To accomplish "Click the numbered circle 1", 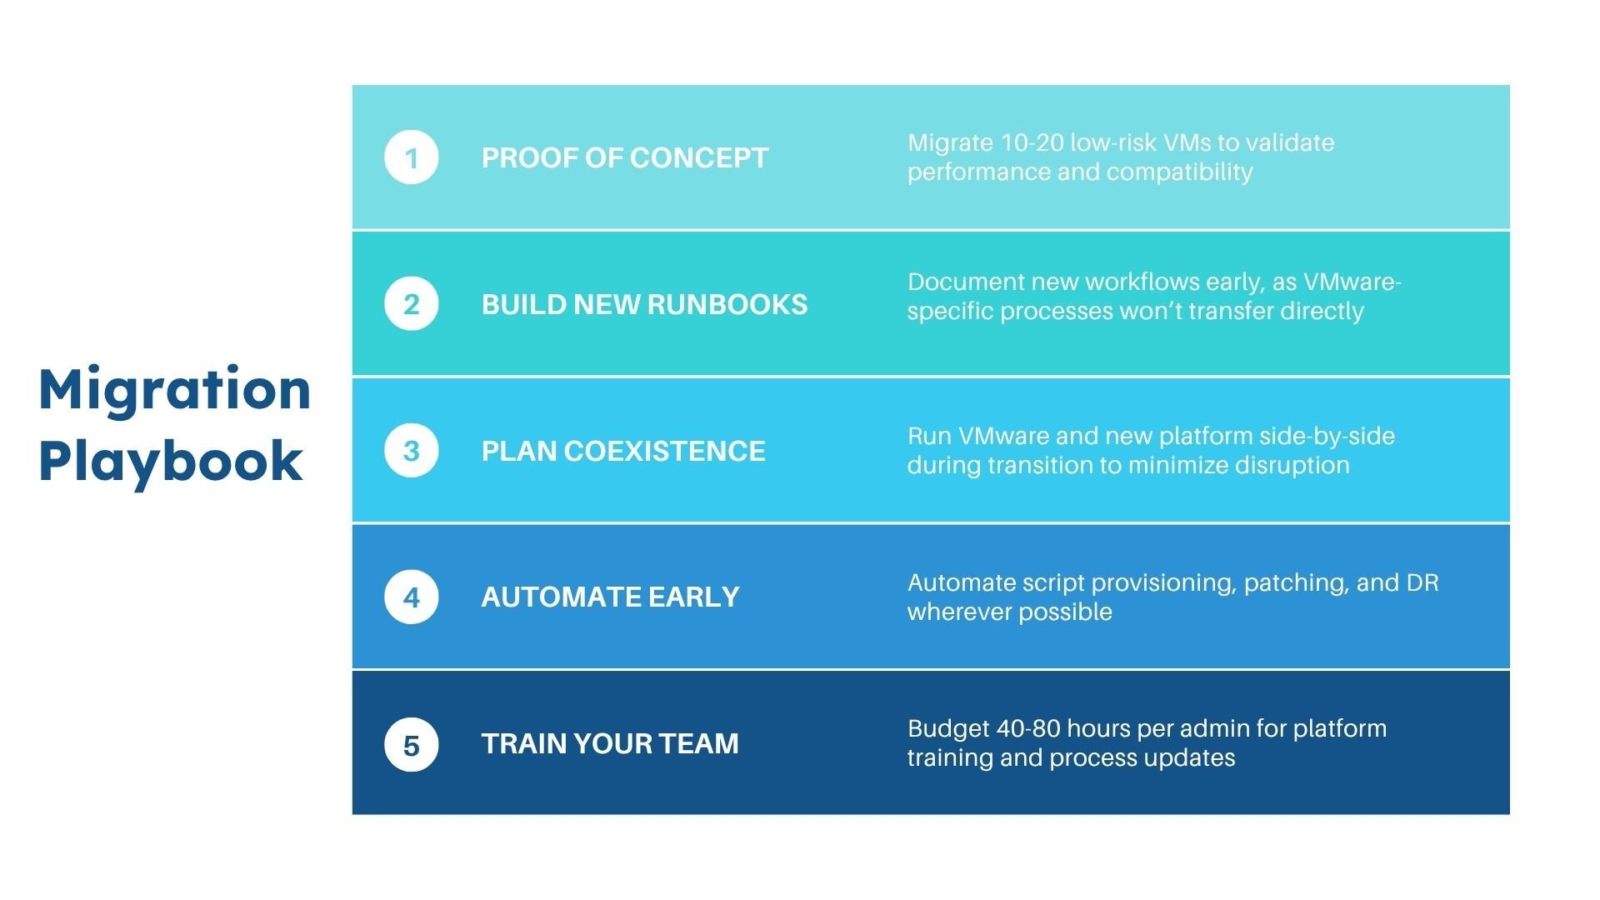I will tap(411, 157).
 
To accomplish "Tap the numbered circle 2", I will tap(411, 304).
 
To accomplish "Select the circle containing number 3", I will tap(411, 451).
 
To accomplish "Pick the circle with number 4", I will tap(411, 597).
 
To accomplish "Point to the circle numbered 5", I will tap(411, 744).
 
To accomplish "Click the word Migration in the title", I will tap(174, 390).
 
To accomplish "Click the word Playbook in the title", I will tap(170, 462).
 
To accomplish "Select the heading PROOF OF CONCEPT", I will tap(624, 157).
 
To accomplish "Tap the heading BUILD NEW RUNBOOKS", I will tap(644, 304).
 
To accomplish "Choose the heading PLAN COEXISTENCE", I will tap(622, 451).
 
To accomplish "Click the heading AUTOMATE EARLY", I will tap(610, 597).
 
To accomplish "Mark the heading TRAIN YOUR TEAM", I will tap(609, 743).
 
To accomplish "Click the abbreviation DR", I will tap(1422, 582).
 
